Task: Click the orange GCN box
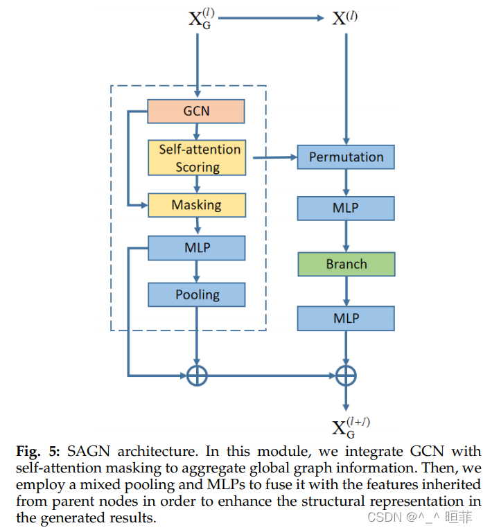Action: (x=196, y=111)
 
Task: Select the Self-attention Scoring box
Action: (x=197, y=158)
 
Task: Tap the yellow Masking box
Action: (x=197, y=205)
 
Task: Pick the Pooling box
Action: (x=197, y=294)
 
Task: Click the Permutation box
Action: (x=346, y=157)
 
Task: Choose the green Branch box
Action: (x=346, y=264)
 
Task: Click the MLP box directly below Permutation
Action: (x=346, y=208)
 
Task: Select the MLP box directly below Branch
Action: (x=346, y=318)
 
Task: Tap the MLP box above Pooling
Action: (x=197, y=247)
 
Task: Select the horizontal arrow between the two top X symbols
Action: (x=270, y=19)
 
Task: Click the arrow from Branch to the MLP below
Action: (x=346, y=291)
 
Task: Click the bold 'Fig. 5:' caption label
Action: (x=35, y=451)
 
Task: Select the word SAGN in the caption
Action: (x=89, y=451)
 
